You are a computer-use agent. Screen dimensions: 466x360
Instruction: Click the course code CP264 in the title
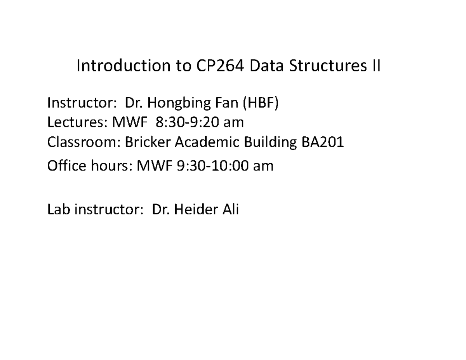[220, 65]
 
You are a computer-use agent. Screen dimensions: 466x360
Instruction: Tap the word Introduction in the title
[124, 65]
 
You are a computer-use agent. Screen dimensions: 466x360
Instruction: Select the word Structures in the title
[328, 65]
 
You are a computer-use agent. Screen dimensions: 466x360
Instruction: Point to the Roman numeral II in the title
[377, 65]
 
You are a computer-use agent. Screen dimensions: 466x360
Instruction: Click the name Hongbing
[179, 103]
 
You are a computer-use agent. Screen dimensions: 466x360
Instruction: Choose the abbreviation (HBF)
[261, 103]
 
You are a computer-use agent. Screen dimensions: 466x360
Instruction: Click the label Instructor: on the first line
[82, 103]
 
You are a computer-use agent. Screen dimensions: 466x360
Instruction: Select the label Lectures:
[77, 122]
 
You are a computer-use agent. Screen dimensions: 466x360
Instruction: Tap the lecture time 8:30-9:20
[188, 122]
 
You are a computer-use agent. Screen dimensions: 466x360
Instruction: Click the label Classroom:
[84, 142]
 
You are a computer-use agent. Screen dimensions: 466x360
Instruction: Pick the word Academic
[207, 142]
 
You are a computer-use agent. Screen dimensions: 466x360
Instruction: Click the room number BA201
[323, 142]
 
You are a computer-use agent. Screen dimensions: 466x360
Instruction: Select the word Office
[67, 165]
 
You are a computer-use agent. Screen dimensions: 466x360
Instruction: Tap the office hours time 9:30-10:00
[213, 166]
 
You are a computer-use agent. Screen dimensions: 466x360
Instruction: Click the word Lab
[59, 209]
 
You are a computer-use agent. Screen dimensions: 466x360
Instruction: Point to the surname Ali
[231, 209]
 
